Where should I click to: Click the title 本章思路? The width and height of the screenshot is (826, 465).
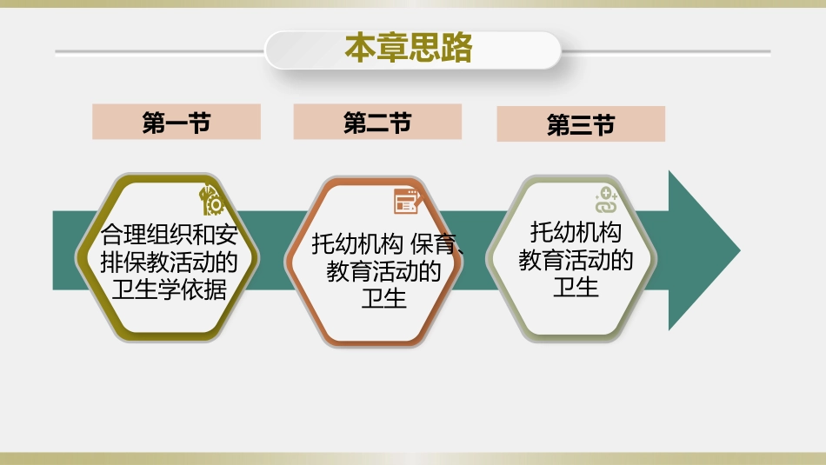point(409,49)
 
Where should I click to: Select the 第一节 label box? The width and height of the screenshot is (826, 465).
point(177,123)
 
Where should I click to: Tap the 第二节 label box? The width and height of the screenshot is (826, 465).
point(377,123)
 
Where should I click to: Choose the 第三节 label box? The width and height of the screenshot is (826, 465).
point(581,124)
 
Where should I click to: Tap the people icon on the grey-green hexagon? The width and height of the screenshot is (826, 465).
point(605,201)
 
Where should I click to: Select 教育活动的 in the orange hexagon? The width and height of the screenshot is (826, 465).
point(384,273)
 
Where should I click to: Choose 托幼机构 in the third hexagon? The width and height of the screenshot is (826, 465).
point(576,232)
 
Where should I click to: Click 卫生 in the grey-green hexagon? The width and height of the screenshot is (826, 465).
point(576,288)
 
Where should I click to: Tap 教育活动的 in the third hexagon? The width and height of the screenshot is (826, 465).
point(576,260)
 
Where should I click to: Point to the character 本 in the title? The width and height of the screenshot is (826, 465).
point(360,49)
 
